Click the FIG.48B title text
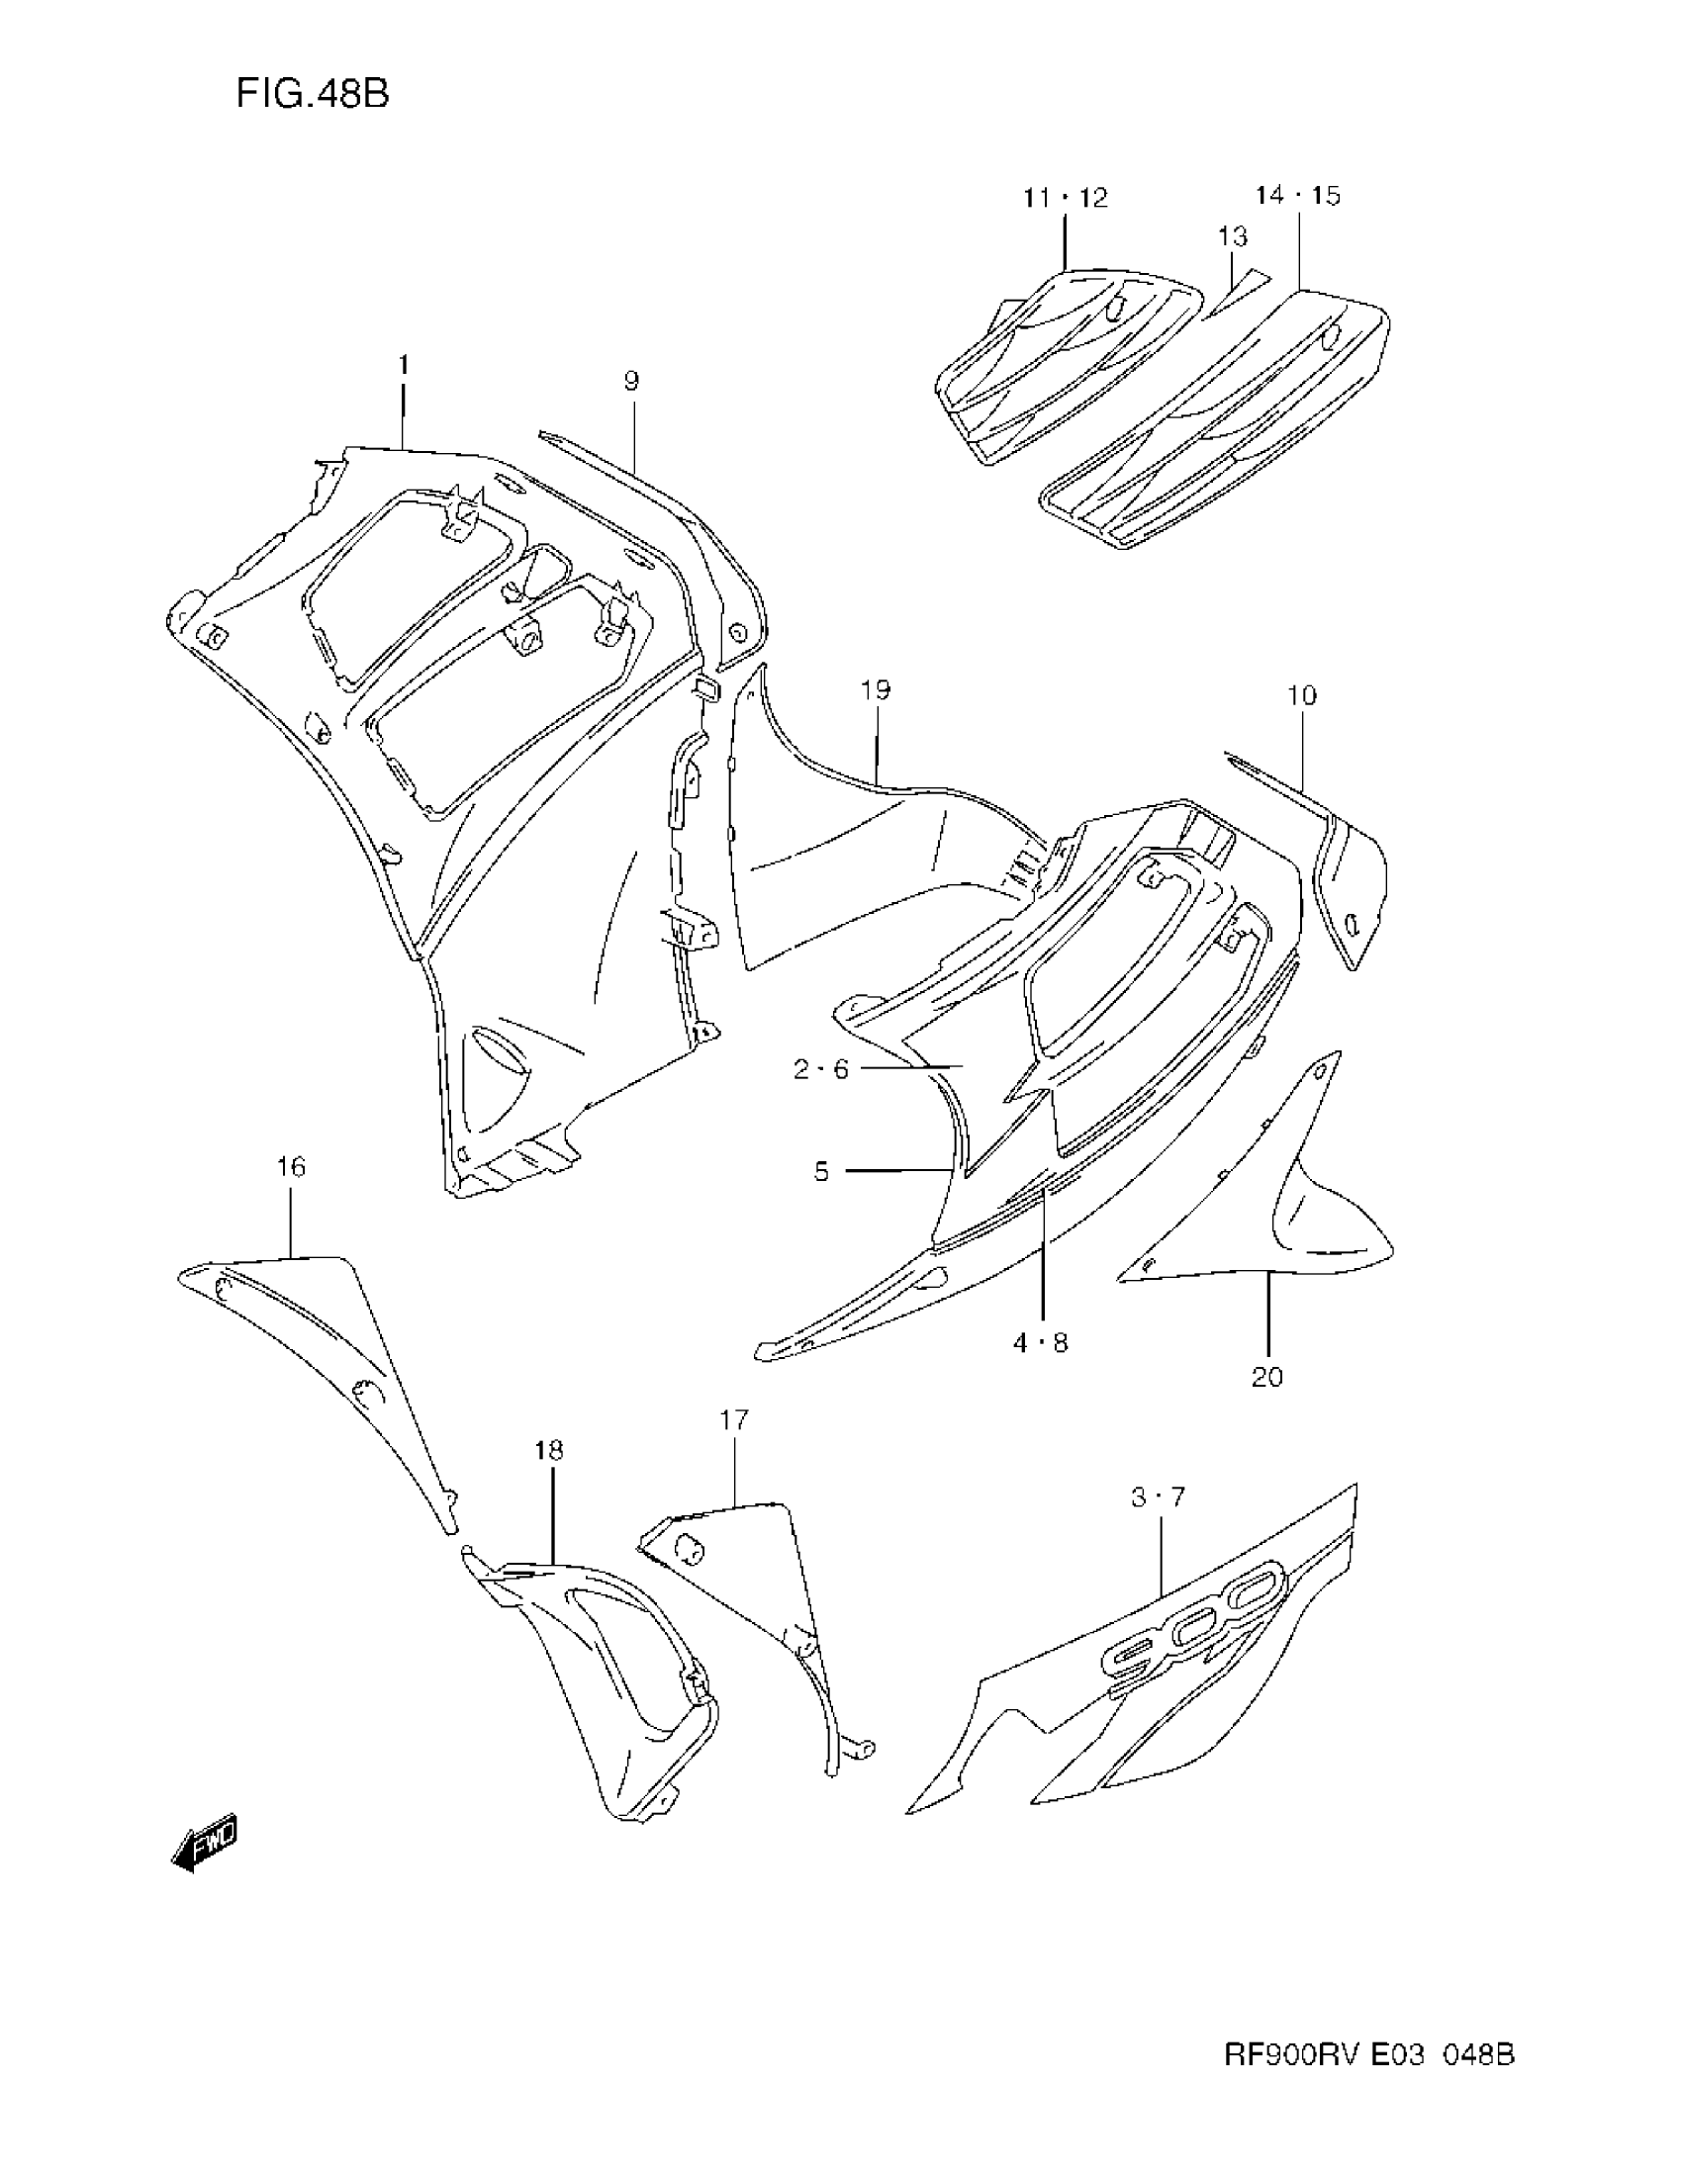tap(312, 94)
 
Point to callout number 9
tap(631, 381)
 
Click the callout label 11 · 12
tap(1065, 198)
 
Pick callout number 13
tap(1232, 237)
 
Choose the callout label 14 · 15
tap(1297, 195)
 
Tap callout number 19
tap(876, 689)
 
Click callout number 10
tap(1301, 695)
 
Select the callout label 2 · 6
tap(820, 1069)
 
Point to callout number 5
tap(821, 1172)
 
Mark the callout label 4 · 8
tap(1040, 1343)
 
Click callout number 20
tap(1266, 1377)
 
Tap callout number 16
tap(291, 1167)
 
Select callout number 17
tap(733, 1419)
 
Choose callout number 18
tap(549, 1450)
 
